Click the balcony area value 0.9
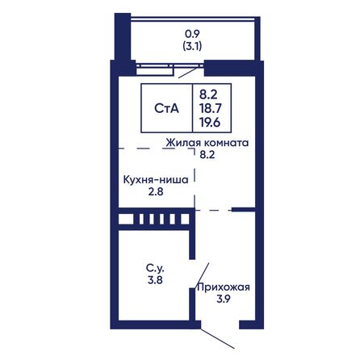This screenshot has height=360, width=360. tap(192, 34)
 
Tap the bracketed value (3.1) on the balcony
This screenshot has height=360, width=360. tap(192, 47)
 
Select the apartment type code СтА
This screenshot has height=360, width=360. tap(167, 108)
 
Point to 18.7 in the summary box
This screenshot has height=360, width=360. tap(210, 108)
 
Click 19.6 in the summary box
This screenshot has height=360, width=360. tap(210, 123)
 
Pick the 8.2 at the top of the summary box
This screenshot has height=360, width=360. tap(208, 94)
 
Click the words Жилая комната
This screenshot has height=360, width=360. tap(207, 143)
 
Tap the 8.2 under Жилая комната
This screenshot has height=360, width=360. tap(207, 155)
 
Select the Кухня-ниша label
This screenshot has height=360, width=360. tap(156, 180)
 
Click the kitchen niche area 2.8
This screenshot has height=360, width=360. tap(156, 192)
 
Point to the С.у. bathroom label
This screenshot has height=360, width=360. tap(155, 268)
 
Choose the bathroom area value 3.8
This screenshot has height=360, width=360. tap(155, 280)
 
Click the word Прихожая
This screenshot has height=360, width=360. tap(224, 287)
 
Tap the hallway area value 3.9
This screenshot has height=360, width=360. tap(224, 299)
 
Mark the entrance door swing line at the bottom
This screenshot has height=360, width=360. tap(217, 338)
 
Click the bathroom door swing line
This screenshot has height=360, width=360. tap(202, 275)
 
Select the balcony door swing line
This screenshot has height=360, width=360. tap(188, 73)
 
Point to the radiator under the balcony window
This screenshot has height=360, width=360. tap(154, 71)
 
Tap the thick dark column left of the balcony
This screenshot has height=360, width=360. tap(123, 37)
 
